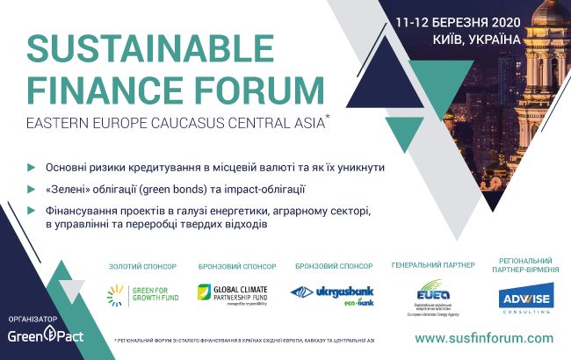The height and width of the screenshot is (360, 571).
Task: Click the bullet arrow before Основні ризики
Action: click(33, 167)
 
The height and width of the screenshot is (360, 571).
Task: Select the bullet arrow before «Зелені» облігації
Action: click(33, 189)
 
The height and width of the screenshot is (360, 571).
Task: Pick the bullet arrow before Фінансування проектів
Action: click(33, 211)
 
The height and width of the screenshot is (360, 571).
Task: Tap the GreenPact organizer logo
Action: click(35, 336)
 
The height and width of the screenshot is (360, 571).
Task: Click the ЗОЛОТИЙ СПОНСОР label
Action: click(141, 265)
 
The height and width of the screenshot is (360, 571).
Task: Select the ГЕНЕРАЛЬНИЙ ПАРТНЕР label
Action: click(432, 264)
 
